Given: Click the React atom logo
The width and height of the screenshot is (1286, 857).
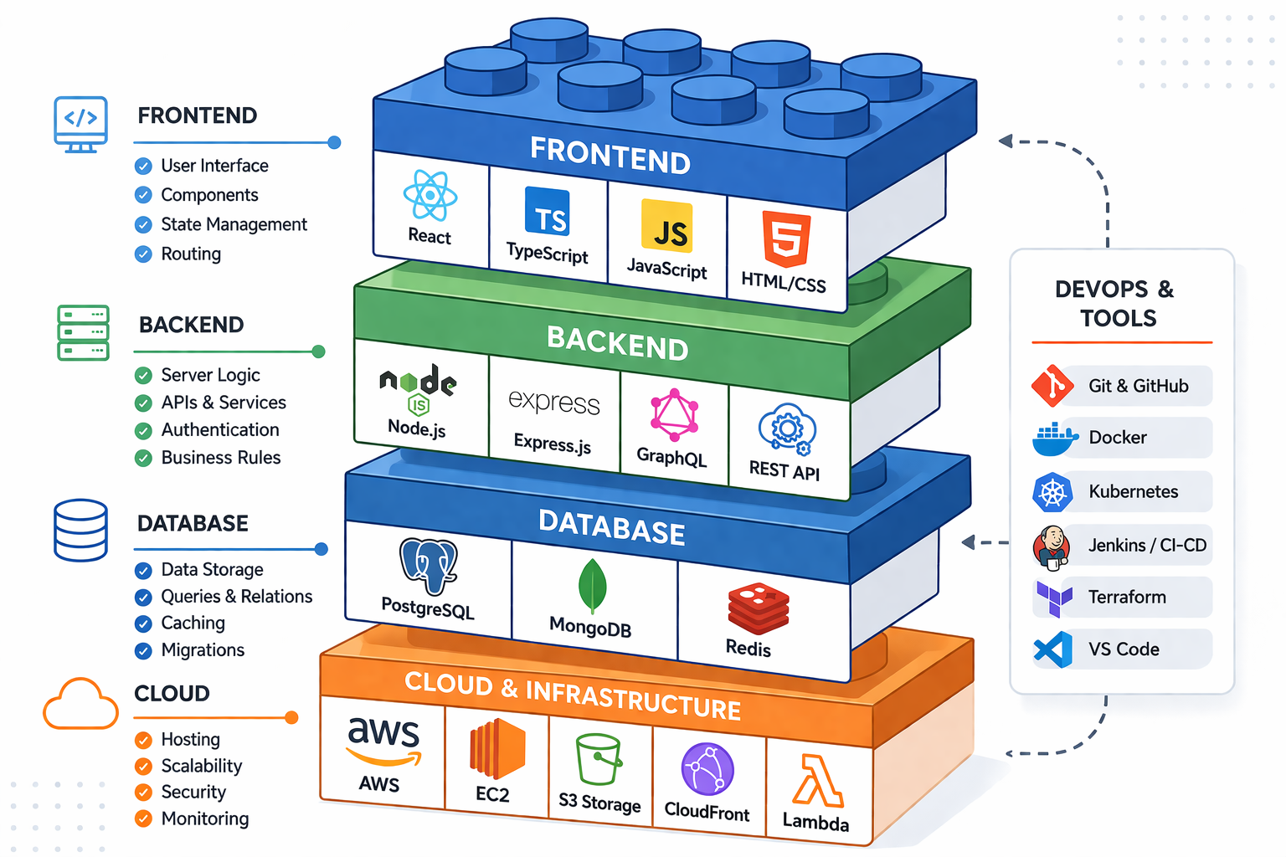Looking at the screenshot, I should point(430,196).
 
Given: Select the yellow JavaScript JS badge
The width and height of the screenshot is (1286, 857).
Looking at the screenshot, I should point(667,227).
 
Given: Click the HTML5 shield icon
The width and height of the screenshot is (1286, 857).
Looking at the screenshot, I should point(786,239).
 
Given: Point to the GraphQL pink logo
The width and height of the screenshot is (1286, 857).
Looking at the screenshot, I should point(674,416).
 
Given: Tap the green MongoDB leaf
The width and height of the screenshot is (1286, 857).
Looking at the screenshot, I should point(592,586).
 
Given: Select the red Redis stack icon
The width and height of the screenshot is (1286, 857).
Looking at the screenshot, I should point(758,608).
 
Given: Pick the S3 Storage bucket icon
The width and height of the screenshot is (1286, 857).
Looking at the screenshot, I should point(599,760).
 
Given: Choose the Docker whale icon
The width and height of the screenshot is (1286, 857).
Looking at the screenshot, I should point(1054,439).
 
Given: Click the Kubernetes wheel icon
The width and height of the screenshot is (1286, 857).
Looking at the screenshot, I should point(1052,492).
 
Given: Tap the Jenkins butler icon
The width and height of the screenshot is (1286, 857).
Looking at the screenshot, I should point(1052,546).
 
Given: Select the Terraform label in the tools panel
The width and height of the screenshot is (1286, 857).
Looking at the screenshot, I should point(1127,598).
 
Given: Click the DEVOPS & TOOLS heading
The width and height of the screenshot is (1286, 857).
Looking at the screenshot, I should point(1115,304).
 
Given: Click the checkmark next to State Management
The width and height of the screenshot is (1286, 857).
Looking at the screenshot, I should point(143,225).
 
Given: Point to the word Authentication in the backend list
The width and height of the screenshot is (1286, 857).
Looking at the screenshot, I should point(220,430).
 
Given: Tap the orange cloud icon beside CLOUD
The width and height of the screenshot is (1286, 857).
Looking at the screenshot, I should point(80,705).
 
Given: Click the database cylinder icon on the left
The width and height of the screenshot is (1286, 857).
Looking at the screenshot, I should point(80,530).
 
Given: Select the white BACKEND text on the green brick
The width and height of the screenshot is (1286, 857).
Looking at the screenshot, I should point(617,342).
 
